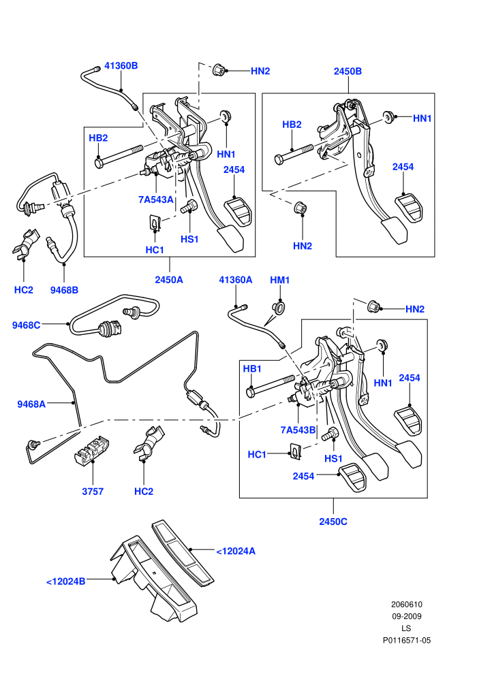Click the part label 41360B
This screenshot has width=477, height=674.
click(121, 66)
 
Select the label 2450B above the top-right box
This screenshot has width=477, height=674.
click(348, 71)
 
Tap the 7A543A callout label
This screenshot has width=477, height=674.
click(155, 199)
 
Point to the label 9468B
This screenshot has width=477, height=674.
click(64, 290)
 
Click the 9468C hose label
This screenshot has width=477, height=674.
click(27, 325)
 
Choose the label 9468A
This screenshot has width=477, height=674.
click(31, 404)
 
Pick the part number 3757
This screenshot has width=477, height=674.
click(93, 492)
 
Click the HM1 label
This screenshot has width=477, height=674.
click(280, 280)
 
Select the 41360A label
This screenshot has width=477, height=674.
click(236, 280)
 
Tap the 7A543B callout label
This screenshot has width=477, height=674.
click(298, 430)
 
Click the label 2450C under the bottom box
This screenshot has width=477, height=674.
click(333, 521)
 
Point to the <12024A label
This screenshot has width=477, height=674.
click(236, 551)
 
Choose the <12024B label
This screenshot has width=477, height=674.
click(66, 581)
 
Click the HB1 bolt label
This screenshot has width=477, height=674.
click(252, 369)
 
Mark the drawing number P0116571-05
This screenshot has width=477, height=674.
click(406, 641)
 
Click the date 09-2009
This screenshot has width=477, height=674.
click(406, 616)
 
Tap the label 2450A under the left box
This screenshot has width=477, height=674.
click(169, 280)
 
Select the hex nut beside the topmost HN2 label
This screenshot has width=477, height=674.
click(219, 69)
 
